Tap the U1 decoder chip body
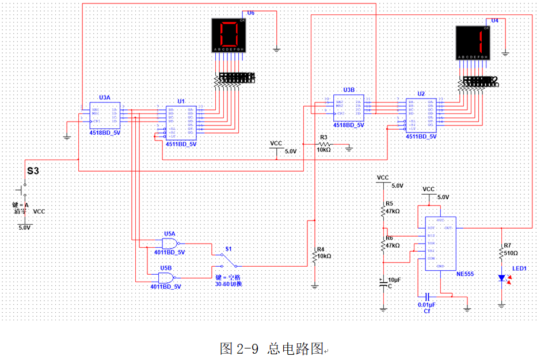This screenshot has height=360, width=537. point(181,123)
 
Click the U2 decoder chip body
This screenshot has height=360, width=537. point(421,115)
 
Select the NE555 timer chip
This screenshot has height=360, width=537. point(440,242)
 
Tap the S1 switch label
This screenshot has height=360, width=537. point(228,249)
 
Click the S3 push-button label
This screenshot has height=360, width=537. point(33,171)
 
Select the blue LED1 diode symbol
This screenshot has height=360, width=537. point(502,279)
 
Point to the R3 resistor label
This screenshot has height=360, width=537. point(323,138)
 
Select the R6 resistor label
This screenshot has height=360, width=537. point(390,238)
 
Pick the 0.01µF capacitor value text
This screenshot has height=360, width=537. point(426,304)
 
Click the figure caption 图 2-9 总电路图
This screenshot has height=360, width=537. point(272,348)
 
